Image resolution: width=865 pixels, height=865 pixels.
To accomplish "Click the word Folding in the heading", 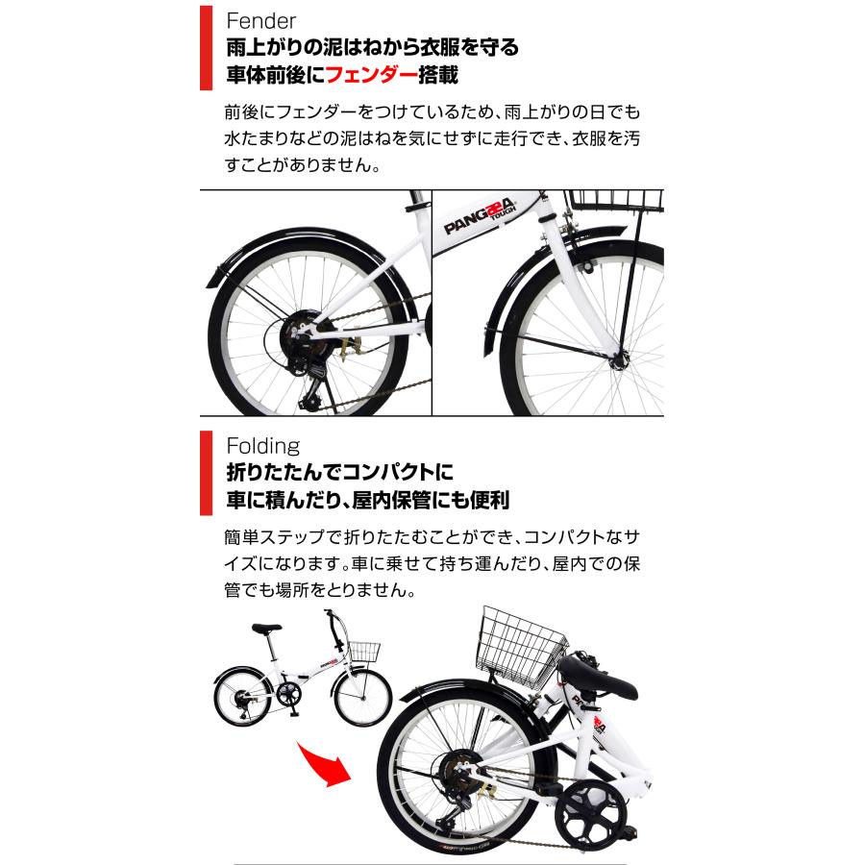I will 262,446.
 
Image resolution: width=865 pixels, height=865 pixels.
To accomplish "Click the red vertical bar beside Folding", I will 206,472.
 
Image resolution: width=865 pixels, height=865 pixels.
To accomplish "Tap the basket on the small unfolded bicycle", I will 364,653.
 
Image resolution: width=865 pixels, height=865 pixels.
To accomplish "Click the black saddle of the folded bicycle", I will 597,677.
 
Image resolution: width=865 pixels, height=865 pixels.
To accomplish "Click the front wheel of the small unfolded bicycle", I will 362,699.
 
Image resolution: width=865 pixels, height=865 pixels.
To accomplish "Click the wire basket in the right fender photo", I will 614,199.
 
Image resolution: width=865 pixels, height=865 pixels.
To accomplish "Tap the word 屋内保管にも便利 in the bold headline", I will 436,500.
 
